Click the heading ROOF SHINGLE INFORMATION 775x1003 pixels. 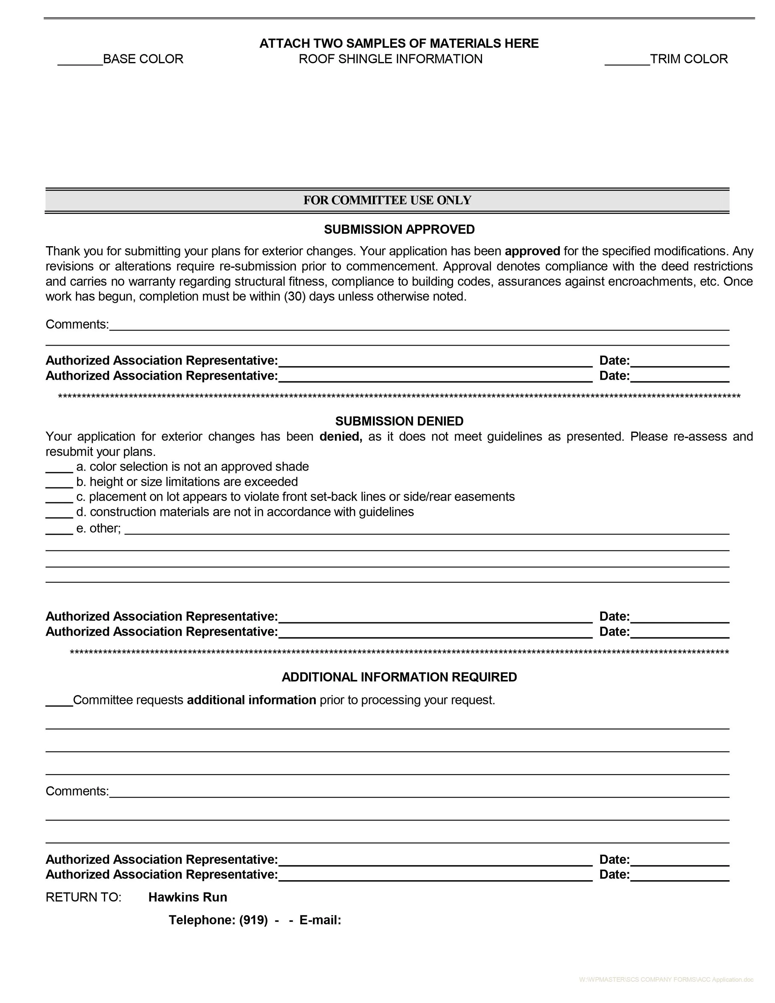(390, 59)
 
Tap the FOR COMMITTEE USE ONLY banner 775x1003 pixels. (387, 200)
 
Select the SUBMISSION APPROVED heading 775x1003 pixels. (399, 230)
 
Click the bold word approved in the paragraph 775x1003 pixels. (532, 251)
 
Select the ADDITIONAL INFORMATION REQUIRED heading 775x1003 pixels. (399, 677)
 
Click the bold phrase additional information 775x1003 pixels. (251, 700)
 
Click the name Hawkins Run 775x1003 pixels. (187, 897)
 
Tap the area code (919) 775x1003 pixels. (253, 920)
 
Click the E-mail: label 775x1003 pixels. (320, 920)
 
